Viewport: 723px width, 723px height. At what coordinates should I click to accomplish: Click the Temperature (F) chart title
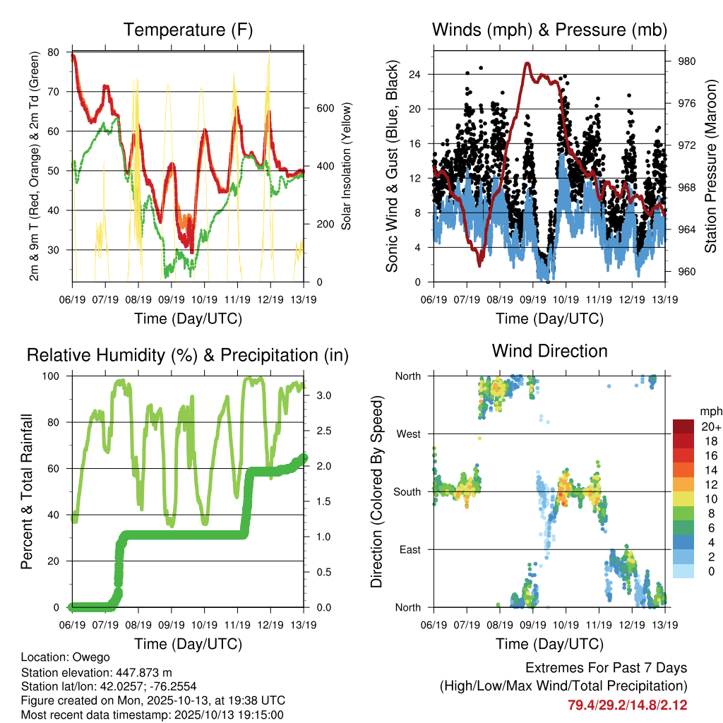tap(188, 30)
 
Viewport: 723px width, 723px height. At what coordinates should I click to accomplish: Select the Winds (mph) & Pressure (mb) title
tap(549, 30)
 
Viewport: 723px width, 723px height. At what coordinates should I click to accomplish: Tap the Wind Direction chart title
tap(549, 350)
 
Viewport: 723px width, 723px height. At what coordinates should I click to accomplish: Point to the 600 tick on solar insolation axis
tap(315, 108)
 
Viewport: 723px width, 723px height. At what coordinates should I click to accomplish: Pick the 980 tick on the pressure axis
tap(687, 61)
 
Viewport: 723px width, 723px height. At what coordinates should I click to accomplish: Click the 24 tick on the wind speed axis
tap(416, 74)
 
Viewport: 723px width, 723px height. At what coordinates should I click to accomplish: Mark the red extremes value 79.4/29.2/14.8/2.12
tap(627, 705)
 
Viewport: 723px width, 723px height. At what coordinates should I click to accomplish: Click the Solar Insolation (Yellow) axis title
tap(347, 166)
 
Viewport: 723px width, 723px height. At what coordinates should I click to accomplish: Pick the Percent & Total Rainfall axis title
tap(26, 492)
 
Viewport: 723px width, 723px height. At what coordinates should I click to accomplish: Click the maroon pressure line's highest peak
tap(527, 64)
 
